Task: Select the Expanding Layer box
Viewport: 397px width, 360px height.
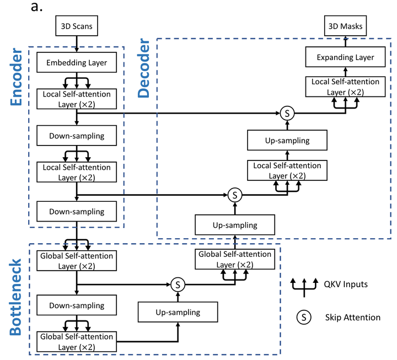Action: click(x=345, y=57)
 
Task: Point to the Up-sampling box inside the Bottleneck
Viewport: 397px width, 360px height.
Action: click(x=178, y=313)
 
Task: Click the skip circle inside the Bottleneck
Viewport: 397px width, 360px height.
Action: click(x=178, y=285)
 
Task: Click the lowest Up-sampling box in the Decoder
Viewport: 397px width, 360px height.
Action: click(x=235, y=225)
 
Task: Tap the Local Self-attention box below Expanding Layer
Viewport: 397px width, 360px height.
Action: click(x=345, y=87)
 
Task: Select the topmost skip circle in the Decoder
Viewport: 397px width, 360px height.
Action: click(x=287, y=113)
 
